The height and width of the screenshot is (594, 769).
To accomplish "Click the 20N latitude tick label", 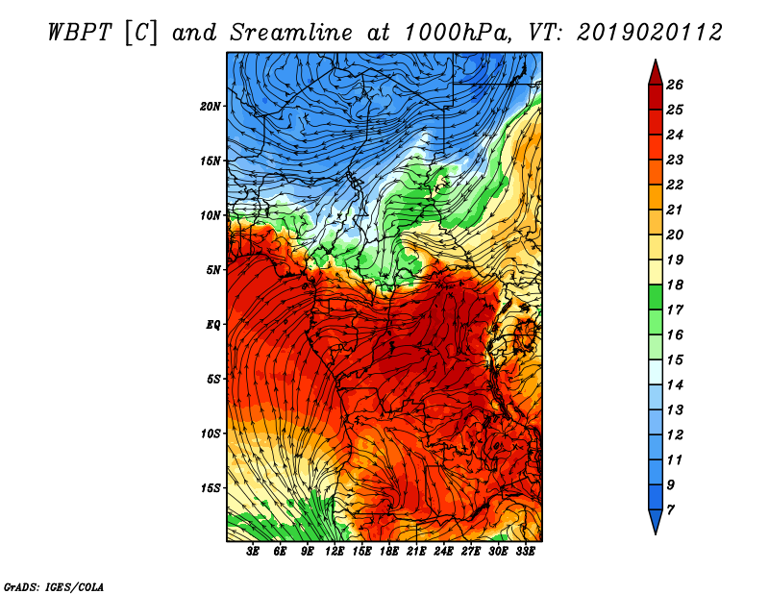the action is point(210,107).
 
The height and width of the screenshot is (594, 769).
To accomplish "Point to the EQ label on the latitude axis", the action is point(212,325).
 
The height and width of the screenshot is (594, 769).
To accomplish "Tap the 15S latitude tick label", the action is point(210,488).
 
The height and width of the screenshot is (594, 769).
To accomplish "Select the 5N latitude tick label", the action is point(212,270).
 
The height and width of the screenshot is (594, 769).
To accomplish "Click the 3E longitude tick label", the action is point(253,552).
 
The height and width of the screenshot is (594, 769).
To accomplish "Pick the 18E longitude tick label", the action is point(389,552).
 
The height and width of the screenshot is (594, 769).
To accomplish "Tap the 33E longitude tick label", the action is point(525,552).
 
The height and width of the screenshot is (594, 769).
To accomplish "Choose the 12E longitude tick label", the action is point(335,552).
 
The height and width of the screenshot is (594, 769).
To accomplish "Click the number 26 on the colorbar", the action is point(675,85).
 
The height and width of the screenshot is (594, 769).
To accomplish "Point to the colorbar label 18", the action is point(675,285).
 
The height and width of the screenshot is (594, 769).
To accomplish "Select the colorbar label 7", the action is point(670,510).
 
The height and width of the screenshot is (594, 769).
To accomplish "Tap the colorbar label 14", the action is point(675,385).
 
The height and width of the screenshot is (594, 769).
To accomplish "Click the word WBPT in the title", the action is point(81,33).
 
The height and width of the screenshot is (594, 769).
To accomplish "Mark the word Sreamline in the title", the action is point(291,33).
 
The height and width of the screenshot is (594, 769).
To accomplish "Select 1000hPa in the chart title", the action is point(455,33).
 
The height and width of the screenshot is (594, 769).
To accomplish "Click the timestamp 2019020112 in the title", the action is point(650,33).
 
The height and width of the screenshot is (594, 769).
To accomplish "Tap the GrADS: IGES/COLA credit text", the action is point(54,587).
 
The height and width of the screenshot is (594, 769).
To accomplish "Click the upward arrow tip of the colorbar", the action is point(656,60).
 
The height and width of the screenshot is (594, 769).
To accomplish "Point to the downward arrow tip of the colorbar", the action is point(656,533).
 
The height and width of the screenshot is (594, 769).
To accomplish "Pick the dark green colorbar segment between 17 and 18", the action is point(656,297).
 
